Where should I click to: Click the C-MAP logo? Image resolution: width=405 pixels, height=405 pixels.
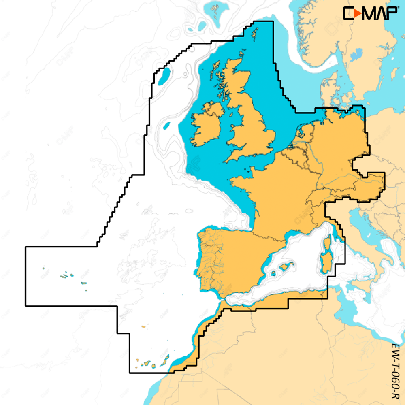(x=370, y=13)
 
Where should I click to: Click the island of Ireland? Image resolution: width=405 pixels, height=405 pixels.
(x=207, y=126)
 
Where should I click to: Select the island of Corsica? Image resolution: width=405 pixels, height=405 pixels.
(x=327, y=244)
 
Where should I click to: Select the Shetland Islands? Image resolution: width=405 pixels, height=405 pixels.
(x=255, y=30)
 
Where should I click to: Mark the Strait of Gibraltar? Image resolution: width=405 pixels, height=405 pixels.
(x=221, y=301)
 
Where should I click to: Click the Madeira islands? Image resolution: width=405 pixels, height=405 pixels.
(x=143, y=326)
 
